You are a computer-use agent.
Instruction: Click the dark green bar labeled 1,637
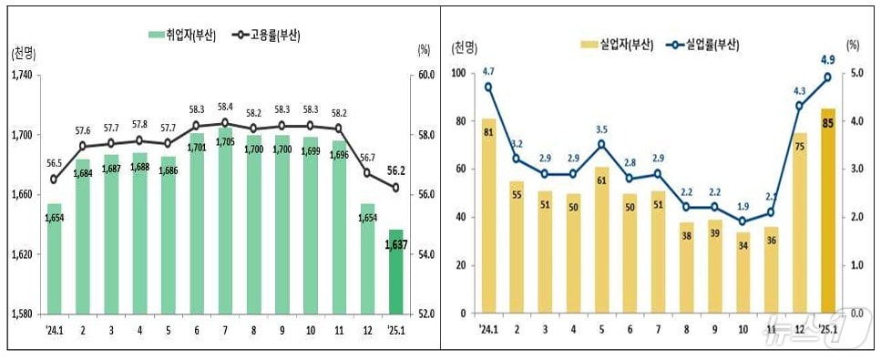click(395, 272)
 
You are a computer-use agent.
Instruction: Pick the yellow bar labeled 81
click(488, 216)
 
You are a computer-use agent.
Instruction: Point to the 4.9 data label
click(827, 61)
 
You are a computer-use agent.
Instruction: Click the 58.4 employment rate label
click(224, 107)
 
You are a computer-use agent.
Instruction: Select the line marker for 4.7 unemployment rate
click(488, 87)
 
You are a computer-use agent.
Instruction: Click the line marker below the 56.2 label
click(395, 189)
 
